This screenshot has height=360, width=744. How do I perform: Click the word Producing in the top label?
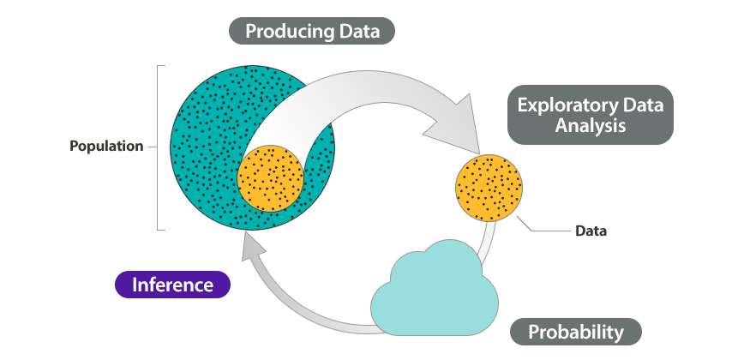tap(289, 33)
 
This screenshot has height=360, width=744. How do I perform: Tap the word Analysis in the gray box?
tap(590, 125)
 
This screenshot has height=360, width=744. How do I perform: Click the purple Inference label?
tap(172, 285)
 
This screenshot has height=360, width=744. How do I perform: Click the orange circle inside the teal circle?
tap(271, 178)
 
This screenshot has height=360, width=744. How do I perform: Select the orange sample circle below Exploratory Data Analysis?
tap(488, 186)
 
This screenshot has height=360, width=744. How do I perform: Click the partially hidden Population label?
tap(106, 146)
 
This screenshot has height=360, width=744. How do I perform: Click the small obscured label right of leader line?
tap(591, 231)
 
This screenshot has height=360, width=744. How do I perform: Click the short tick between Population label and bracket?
tap(152, 147)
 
